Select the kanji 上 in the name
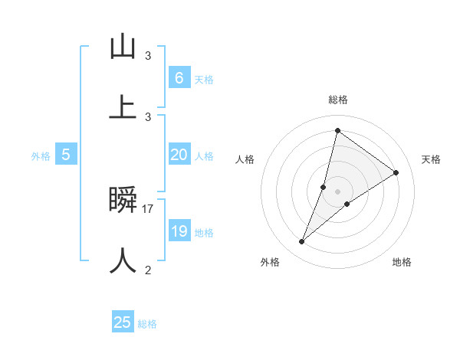click(x=123, y=106)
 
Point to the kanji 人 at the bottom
click(x=123, y=260)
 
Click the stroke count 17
click(x=148, y=208)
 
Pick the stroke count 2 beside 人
click(x=148, y=270)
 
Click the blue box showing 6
click(x=179, y=77)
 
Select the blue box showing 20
click(x=179, y=155)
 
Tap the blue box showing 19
click(x=179, y=231)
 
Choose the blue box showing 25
click(x=123, y=322)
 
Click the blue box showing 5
click(x=66, y=155)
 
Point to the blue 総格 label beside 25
click(x=147, y=324)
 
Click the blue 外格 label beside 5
click(x=41, y=155)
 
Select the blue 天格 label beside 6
click(x=204, y=79)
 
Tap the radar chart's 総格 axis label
click(x=338, y=100)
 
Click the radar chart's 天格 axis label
click(x=431, y=159)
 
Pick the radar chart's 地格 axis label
click(x=402, y=262)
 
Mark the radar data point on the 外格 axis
click(x=302, y=242)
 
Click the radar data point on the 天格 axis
click(x=396, y=172)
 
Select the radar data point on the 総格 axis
click(x=337, y=130)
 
